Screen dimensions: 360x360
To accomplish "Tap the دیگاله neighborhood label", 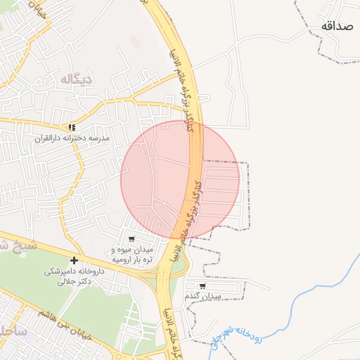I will click(x=77, y=79).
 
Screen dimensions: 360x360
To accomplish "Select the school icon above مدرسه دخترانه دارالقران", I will click(x=71, y=127).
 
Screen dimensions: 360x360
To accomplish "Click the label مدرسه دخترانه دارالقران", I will click(x=73, y=139).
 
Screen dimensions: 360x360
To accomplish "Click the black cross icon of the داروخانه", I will click(x=74, y=260).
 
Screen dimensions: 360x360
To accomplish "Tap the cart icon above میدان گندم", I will click(x=202, y=286).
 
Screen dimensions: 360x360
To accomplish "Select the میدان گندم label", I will click(x=204, y=297).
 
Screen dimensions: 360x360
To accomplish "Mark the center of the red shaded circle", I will click(x=180, y=180).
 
